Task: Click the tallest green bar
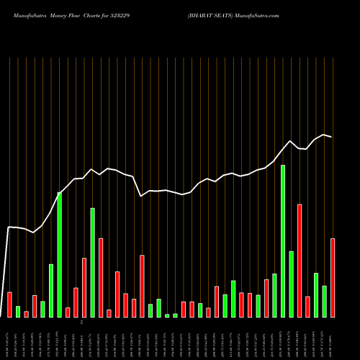pos(283,241)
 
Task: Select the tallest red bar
pos(300,261)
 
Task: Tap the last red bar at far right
pos(333,277)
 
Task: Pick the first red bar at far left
pos(9,304)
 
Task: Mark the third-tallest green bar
pos(92,263)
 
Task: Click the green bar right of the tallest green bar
pos(291,284)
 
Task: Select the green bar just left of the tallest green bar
pos(274,295)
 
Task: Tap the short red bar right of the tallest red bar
pos(307,306)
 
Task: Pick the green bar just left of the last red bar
pos(324,301)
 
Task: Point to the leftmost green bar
pos(18,311)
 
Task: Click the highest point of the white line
pos(324,135)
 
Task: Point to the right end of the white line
pos(332,137)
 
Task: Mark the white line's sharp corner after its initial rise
pos(9,228)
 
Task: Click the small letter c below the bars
pos(81,321)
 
